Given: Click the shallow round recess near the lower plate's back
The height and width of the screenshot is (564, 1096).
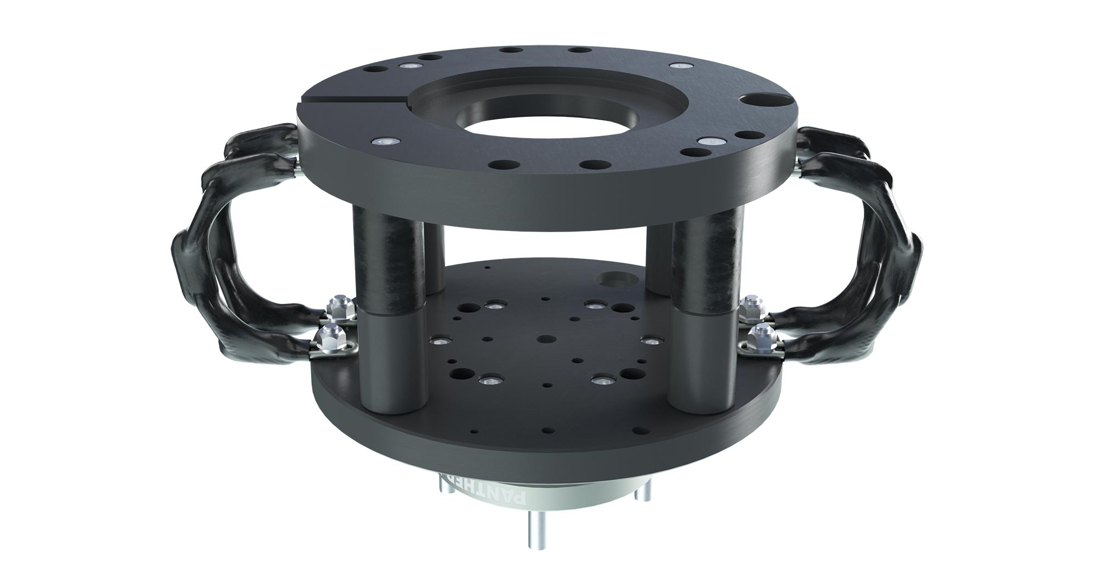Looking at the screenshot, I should point(613,279).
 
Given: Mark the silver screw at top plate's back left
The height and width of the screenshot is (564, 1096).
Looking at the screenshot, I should point(409,65).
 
